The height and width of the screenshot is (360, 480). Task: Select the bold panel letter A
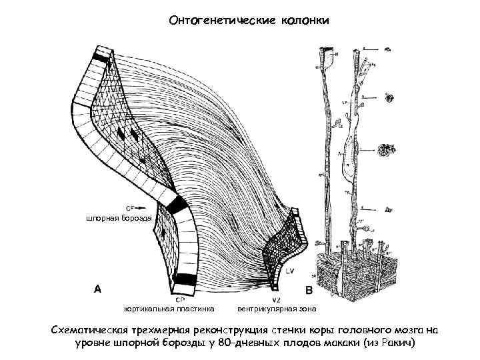point(97,289)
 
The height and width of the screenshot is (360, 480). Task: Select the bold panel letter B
point(309,291)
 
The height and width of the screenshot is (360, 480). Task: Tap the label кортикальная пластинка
point(169,309)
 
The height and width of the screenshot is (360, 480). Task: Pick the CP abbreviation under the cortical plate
point(180,299)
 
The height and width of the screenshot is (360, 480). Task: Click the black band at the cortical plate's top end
point(101,58)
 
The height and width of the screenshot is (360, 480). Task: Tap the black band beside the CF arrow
point(177,205)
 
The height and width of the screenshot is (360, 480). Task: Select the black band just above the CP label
point(185,280)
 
